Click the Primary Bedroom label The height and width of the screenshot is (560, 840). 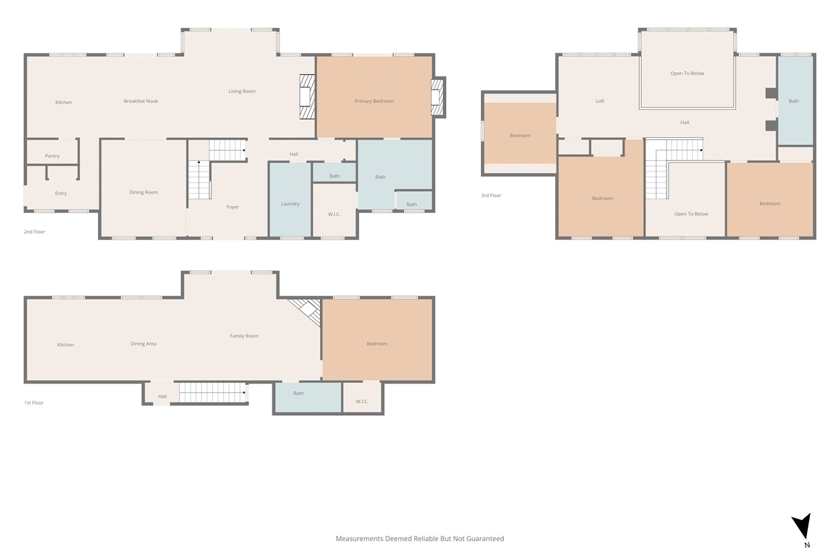(374, 101)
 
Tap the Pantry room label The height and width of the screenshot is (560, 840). (52, 155)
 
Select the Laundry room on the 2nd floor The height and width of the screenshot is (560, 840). (290, 199)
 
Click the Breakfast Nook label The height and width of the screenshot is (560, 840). (141, 101)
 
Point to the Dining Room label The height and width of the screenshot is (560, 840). (143, 192)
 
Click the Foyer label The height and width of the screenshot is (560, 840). (232, 207)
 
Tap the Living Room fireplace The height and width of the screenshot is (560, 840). (307, 97)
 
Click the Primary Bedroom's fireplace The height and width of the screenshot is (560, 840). (437, 97)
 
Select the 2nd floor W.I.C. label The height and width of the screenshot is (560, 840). (334, 214)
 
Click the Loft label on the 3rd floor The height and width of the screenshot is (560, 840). (600, 101)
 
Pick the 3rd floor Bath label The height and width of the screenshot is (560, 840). (794, 101)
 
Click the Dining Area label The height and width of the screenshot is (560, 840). (143, 344)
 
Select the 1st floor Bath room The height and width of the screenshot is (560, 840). (308, 397)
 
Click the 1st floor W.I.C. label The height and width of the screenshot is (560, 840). (362, 401)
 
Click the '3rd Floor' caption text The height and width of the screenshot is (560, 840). (491, 195)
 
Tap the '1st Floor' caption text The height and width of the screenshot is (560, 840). (34, 402)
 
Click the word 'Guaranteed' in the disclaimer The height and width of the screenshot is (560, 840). (485, 538)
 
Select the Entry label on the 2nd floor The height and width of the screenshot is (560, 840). (61, 193)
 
